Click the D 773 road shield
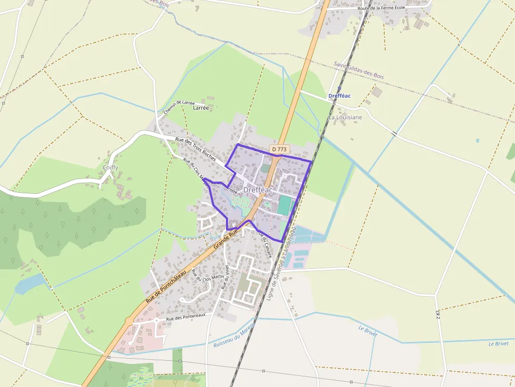(280, 150)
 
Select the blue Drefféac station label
(339, 96)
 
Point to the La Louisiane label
(345, 118)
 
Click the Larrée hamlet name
(201, 108)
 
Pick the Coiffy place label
(110, 168)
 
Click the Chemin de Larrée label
(179, 107)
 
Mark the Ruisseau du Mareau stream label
(234, 337)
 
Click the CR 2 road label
(437, 315)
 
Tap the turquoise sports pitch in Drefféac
(284, 205)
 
